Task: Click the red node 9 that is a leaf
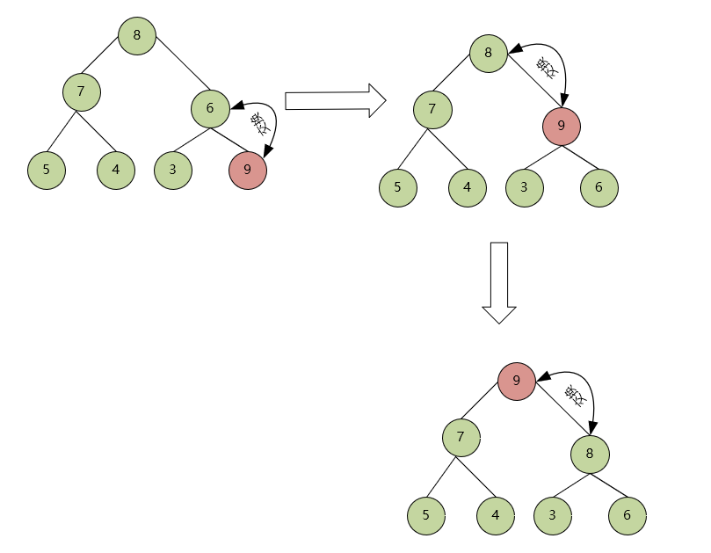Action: pyautogui.click(x=248, y=170)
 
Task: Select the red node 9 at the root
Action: pyautogui.click(x=517, y=381)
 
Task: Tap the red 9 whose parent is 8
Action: pyautogui.click(x=561, y=126)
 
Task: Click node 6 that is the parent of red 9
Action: pyautogui.click(x=210, y=109)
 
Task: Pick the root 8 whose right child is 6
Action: pyautogui.click(x=137, y=36)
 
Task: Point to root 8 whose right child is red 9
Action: pyautogui.click(x=488, y=54)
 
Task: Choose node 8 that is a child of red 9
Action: pyautogui.click(x=590, y=455)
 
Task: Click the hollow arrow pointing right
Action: pyautogui.click(x=336, y=100)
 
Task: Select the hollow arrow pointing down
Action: pyautogui.click(x=498, y=281)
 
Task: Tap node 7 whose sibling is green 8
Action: pyautogui.click(x=461, y=437)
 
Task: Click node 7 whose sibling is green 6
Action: pyautogui.click(x=81, y=91)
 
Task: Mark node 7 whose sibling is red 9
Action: pyautogui.click(x=432, y=110)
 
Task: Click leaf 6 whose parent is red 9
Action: pyautogui.click(x=599, y=187)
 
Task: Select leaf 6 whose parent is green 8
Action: pyautogui.click(x=628, y=515)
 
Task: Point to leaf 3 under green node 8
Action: pyautogui.click(x=553, y=515)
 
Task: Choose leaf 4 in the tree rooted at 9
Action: pyautogui.click(x=496, y=515)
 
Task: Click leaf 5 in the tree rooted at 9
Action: pyautogui.click(x=426, y=515)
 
